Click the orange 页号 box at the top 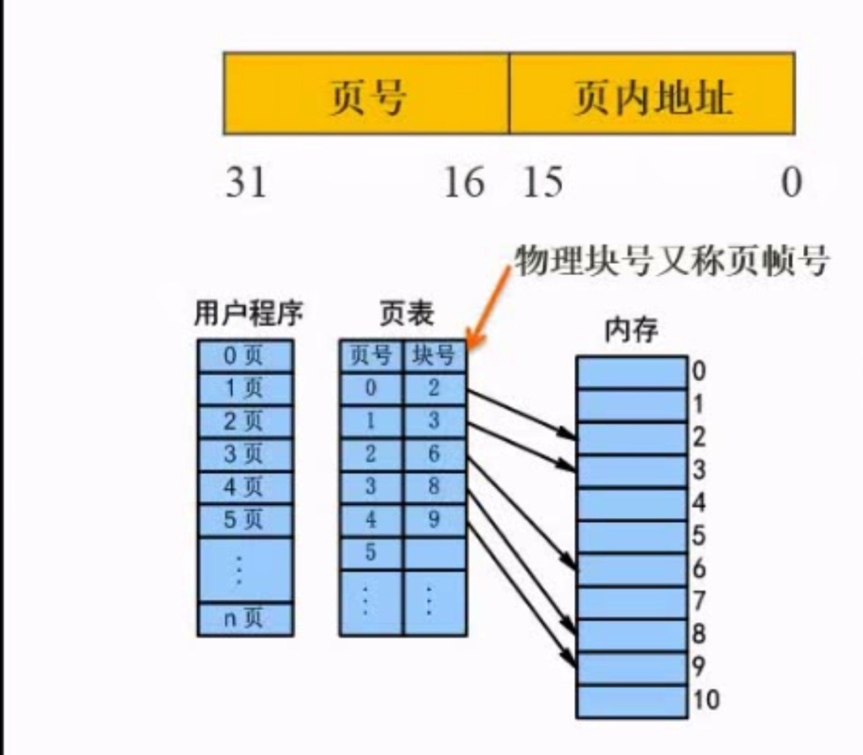point(366,93)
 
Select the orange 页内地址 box point(652,93)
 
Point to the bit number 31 point(246,183)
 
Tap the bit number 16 point(463,183)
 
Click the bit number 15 point(542,183)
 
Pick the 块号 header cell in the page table point(434,355)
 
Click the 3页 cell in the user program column point(245,454)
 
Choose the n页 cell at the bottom point(245,619)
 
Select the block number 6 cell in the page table point(434,454)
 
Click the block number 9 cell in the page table point(434,520)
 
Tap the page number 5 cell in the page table point(370,553)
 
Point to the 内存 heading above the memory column point(632,331)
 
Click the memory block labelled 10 point(632,701)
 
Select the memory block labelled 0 point(632,372)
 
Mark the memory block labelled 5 point(632,537)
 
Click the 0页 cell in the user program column point(245,355)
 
